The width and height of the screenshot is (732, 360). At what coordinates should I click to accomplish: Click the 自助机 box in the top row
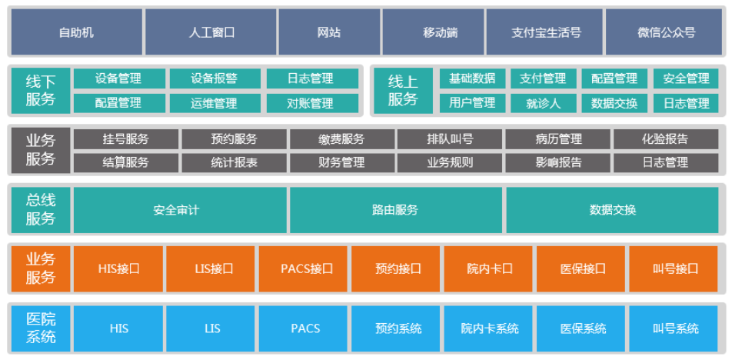pyautogui.click(x=76, y=32)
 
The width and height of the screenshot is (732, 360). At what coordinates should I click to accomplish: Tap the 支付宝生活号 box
pyautogui.click(x=546, y=32)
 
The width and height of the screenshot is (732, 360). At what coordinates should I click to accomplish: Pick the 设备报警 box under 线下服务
pyautogui.click(x=214, y=78)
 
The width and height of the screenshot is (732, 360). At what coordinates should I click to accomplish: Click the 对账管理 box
pyautogui.click(x=310, y=102)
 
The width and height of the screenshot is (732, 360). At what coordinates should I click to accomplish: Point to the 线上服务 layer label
pyautogui.click(x=402, y=90)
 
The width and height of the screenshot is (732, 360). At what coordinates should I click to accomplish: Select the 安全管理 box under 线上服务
pyautogui.click(x=686, y=78)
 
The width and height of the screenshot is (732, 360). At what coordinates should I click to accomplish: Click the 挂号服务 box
pyautogui.click(x=126, y=139)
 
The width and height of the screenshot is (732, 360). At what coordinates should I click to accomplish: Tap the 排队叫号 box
pyautogui.click(x=450, y=139)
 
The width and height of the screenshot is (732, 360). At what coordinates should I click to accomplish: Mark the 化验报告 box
pyautogui.click(x=666, y=139)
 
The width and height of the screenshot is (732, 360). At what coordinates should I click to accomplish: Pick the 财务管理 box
pyautogui.click(x=341, y=162)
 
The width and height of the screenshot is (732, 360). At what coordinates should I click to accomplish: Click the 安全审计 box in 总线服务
pyautogui.click(x=180, y=209)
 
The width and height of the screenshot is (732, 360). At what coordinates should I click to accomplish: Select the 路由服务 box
pyautogui.click(x=396, y=209)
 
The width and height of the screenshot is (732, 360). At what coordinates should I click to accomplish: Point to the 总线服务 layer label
pyautogui.click(x=41, y=209)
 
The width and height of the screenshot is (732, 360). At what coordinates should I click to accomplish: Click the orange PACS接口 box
pyautogui.click(x=304, y=268)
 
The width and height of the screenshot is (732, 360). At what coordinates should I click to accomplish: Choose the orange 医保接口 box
pyautogui.click(x=582, y=268)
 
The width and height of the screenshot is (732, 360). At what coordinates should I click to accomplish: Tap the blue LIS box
pyautogui.click(x=211, y=328)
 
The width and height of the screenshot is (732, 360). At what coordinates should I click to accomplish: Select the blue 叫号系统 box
pyautogui.click(x=675, y=328)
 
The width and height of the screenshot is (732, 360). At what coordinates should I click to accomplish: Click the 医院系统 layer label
pyautogui.click(x=41, y=328)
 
